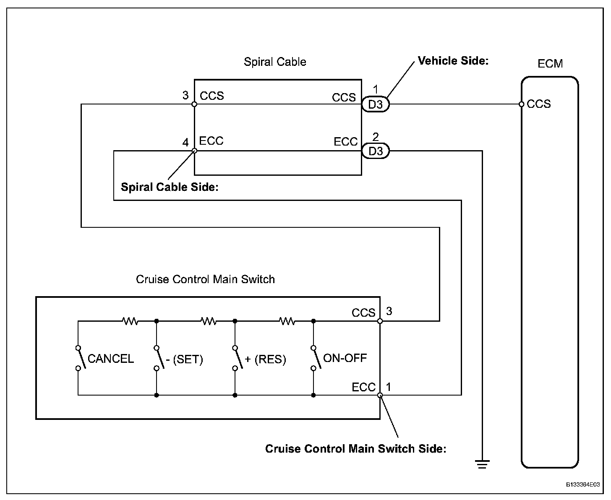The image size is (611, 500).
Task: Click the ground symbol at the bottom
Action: [482, 464]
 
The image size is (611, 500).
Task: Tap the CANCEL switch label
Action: [111, 359]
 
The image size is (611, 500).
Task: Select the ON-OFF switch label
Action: [345, 358]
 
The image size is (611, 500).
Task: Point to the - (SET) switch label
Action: [184, 359]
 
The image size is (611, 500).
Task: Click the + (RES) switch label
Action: [265, 359]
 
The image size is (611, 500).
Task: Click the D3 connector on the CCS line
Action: [376, 104]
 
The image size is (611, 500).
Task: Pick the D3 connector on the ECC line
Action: [376, 151]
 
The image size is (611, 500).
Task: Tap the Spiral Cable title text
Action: [275, 62]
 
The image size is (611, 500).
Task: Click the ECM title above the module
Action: [550, 64]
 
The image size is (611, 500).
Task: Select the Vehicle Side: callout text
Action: [453, 61]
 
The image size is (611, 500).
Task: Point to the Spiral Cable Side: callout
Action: [170, 187]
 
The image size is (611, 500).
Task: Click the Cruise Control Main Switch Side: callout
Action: [355, 449]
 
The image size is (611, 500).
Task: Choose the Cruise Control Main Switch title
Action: [205, 279]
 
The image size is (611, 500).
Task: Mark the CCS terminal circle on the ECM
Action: [521, 104]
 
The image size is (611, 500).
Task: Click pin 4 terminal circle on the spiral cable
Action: [194, 151]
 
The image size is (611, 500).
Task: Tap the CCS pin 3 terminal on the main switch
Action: [380, 321]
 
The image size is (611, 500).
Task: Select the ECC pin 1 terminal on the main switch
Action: [380, 395]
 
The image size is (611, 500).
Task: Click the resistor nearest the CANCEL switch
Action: [130, 321]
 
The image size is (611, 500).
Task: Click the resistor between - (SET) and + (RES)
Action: [209, 321]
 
